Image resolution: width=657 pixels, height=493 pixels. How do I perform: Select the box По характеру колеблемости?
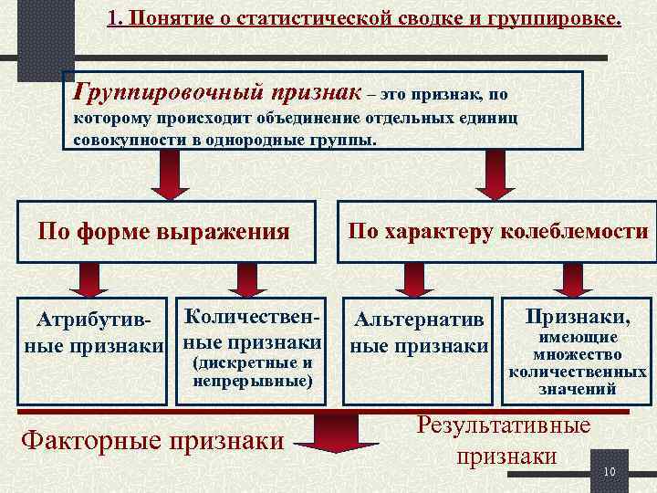coord(497,231)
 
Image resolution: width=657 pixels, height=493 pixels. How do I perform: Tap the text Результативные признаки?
coord(504,440)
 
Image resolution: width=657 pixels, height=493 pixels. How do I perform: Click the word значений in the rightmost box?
coord(578,388)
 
